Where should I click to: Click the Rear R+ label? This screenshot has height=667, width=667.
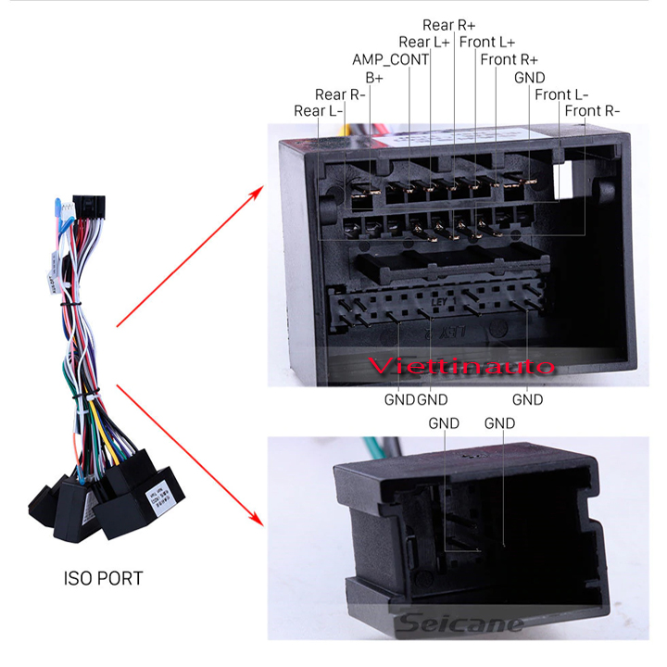pos(448,25)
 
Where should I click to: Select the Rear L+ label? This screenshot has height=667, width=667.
pos(424,42)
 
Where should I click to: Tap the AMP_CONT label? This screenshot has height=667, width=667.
pos(391,59)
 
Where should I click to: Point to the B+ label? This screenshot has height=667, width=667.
pos(374,78)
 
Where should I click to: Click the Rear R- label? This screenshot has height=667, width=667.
pos(340,94)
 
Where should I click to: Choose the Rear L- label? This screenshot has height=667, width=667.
pos(318,111)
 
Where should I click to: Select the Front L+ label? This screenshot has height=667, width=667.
pos(487,42)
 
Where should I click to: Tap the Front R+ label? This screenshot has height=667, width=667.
pos(510,59)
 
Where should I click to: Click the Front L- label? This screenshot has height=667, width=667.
pos(561,94)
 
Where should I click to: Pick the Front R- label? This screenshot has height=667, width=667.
pos(592,111)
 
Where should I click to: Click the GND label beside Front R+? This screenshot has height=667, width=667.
pos(530,78)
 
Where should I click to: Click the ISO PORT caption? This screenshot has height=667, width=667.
pos(104,578)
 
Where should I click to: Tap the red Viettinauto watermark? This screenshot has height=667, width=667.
pos(460,366)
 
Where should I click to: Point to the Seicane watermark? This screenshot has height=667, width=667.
pos(461,623)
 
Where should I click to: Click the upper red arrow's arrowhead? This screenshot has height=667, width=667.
pos(257,193)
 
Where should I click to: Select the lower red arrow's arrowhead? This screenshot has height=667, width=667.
pos(257,519)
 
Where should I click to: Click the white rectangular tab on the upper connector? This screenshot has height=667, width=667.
pos(562,181)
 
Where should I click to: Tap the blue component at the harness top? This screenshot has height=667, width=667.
pos(57,207)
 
